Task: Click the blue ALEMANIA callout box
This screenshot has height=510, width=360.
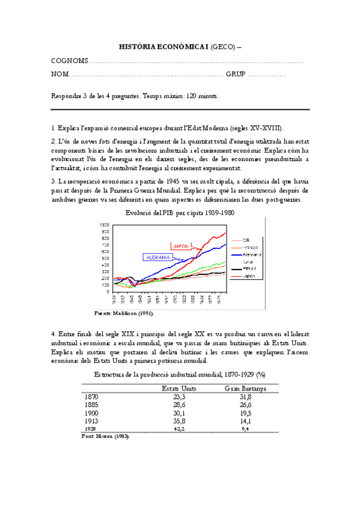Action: click(156, 257)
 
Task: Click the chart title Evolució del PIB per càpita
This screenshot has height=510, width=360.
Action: click(180, 213)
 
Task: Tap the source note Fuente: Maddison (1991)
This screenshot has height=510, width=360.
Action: click(124, 313)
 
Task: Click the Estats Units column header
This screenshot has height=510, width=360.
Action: click(178, 389)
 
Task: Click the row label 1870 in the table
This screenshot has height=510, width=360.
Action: click(91, 397)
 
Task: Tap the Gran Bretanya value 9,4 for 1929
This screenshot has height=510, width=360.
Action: click(245, 429)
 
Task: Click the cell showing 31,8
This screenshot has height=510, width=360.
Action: click(245, 397)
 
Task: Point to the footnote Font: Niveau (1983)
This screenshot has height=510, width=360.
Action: click(105, 437)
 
